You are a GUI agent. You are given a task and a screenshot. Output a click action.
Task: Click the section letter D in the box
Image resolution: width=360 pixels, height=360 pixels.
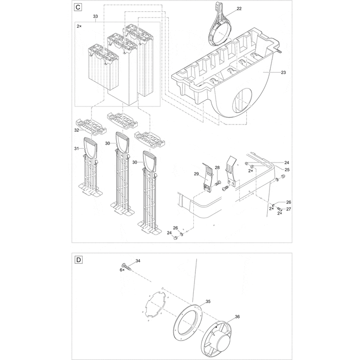[78, 260]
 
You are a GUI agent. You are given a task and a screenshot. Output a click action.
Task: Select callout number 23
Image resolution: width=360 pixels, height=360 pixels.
[283, 73]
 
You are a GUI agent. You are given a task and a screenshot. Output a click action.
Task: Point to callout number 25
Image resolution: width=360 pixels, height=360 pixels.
[287, 169]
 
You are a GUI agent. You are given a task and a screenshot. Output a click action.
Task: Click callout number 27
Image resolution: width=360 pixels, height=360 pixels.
[288, 209]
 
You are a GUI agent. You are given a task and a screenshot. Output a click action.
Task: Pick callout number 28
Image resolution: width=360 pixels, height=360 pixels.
[217, 168]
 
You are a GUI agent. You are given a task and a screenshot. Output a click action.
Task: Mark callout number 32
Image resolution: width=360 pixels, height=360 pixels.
[76, 131]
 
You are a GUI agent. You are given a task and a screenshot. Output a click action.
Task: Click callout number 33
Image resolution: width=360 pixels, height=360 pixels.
[95, 17]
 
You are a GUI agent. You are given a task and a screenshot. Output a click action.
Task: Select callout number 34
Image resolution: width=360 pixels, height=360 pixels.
[137, 261]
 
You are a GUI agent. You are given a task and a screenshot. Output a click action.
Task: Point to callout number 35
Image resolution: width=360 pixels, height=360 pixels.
[208, 302]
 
